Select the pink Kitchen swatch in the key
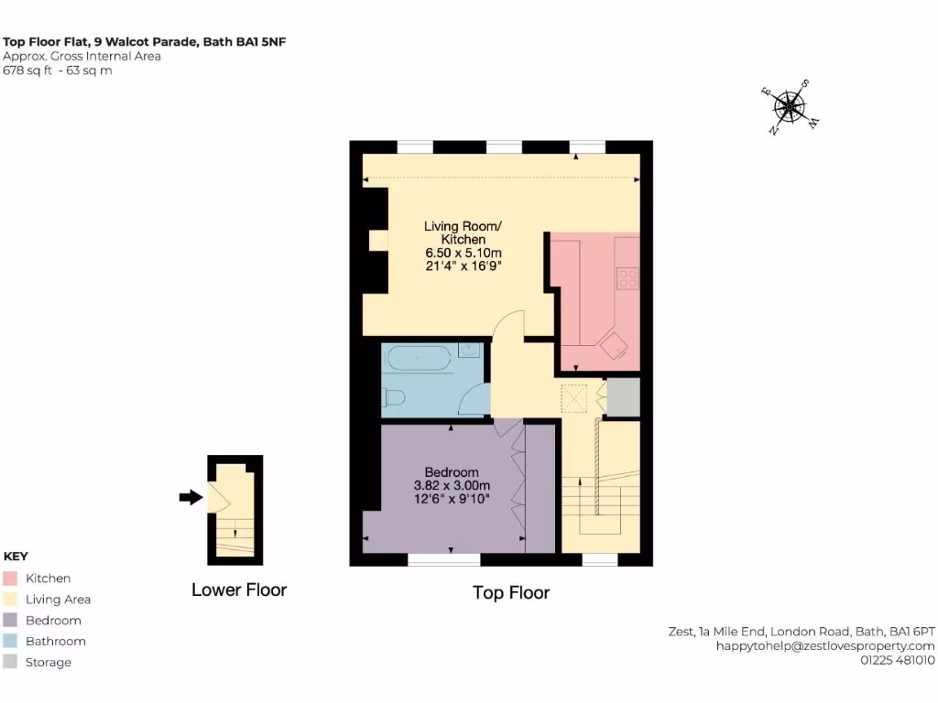point(11,579)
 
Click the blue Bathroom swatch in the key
point(11,642)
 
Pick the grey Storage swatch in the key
point(11,663)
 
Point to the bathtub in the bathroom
point(420,359)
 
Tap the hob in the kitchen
point(627,277)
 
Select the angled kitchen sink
point(613,345)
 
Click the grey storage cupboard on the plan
point(623,396)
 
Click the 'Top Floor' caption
point(511,593)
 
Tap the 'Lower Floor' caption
point(239,590)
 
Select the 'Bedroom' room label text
point(452,472)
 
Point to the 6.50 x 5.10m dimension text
point(463,253)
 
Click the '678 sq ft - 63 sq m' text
point(58,70)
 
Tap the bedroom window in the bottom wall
point(444,558)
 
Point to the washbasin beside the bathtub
point(470,350)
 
